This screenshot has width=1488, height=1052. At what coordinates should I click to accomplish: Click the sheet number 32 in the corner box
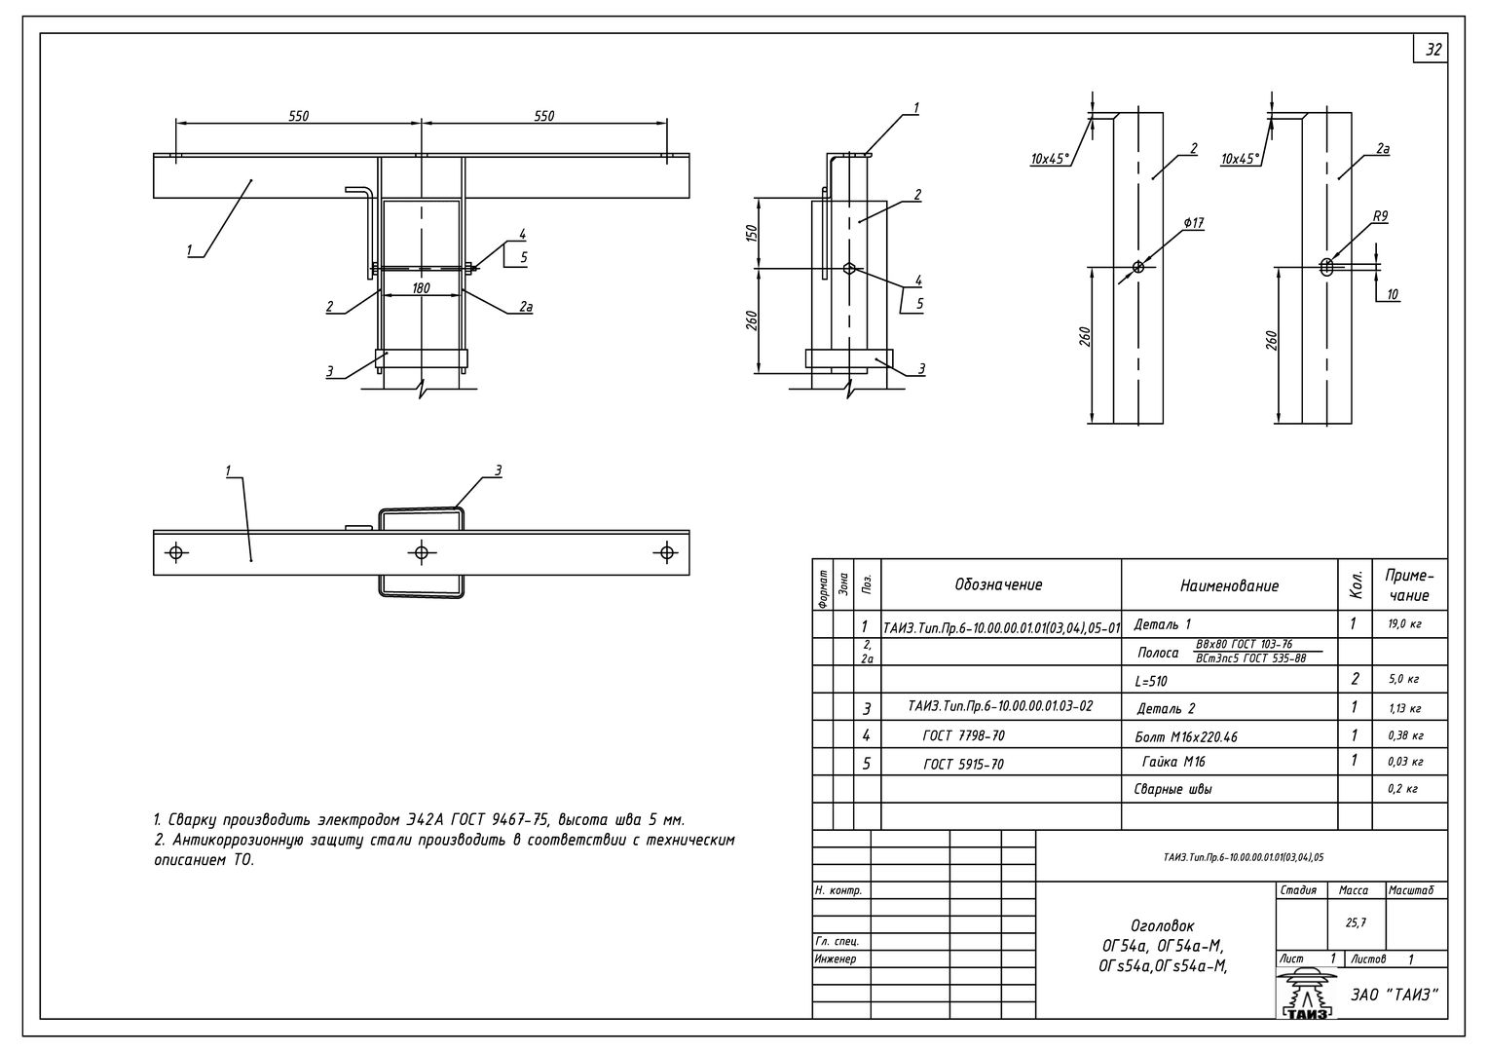[x=1433, y=50]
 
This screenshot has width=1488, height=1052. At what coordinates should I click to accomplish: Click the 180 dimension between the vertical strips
[x=421, y=287]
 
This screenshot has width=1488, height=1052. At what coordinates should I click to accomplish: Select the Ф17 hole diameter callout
[x=1193, y=223]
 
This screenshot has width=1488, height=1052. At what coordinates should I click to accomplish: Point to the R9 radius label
[x=1380, y=216]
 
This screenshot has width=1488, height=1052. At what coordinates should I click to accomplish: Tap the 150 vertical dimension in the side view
[x=752, y=233]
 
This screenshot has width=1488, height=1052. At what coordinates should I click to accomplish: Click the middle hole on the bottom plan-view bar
[x=421, y=552]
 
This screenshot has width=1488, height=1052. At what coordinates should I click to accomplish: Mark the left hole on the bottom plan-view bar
[x=176, y=552]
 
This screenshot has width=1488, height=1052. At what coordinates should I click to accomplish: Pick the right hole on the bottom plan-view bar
[x=666, y=552]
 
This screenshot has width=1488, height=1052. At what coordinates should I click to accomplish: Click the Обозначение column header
[x=998, y=584]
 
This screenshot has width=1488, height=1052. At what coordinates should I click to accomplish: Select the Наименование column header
[x=1229, y=585]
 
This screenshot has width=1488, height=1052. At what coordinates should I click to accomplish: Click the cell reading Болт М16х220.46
[x=1186, y=736]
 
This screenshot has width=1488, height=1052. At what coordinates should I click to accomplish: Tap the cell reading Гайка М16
[x=1173, y=762]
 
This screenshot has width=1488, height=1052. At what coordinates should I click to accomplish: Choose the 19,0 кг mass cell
[x=1404, y=624]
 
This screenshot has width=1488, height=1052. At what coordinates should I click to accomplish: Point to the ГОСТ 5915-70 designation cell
[x=963, y=765]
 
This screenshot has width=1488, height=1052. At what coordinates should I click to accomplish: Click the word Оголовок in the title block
[x=1162, y=925]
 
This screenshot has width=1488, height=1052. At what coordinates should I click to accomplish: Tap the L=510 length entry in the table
[x=1151, y=681]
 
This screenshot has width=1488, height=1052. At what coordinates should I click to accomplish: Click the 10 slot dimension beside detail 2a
[x=1393, y=294]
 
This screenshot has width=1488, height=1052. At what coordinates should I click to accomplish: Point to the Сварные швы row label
[x=1172, y=790]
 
